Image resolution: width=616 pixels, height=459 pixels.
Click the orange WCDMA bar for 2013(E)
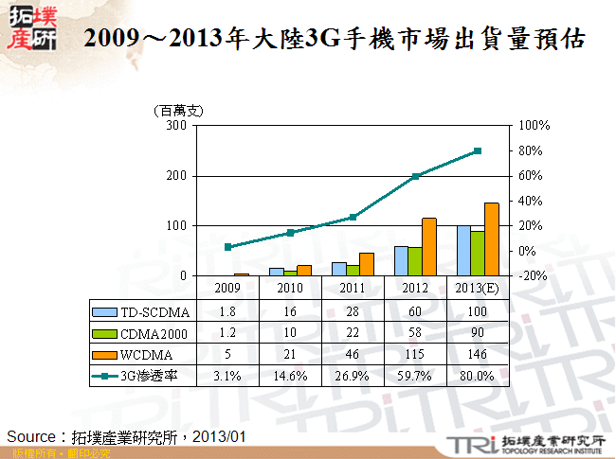point(491,239)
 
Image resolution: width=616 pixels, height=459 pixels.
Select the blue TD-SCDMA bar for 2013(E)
point(463,251)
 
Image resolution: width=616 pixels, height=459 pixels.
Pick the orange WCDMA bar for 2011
point(366,264)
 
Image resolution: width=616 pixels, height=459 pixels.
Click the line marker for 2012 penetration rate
point(414,176)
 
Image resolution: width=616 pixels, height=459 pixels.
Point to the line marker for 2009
point(227,247)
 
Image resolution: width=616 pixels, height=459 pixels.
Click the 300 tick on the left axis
point(176,125)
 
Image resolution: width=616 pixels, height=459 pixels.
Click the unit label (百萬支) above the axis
point(179,111)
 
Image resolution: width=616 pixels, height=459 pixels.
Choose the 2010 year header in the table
point(290,288)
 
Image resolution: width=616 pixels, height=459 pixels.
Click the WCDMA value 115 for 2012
point(415,354)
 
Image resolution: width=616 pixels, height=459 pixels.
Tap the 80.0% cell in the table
point(477,376)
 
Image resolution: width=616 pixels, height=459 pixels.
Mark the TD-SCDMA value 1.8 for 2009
point(227,310)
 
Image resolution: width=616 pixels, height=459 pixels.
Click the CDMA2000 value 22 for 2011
point(353,332)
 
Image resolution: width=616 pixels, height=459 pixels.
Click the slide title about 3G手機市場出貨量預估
point(333,39)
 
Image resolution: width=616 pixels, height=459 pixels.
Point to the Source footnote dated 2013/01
point(127,436)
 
